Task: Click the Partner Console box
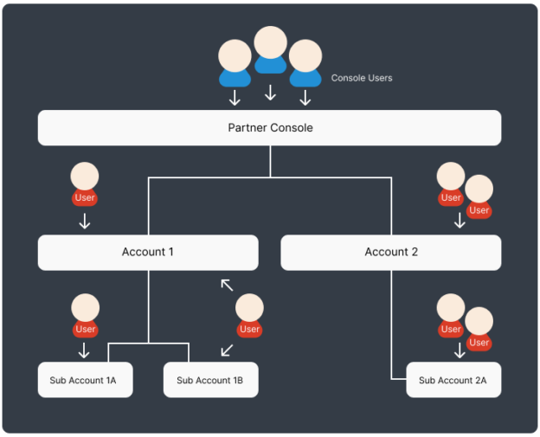pyautogui.click(x=269, y=128)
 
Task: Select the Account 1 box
pyautogui.click(x=148, y=252)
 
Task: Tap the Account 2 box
pyautogui.click(x=390, y=252)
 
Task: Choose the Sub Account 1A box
pyautogui.click(x=85, y=380)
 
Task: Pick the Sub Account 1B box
pyautogui.click(x=210, y=380)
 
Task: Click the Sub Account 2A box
pyautogui.click(x=453, y=380)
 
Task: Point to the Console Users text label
pyautogui.click(x=362, y=78)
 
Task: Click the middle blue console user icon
pyautogui.click(x=270, y=50)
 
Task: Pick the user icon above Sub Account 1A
pyautogui.click(x=85, y=316)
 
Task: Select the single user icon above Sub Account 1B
pyautogui.click(x=249, y=316)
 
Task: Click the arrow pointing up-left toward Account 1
pyautogui.click(x=227, y=285)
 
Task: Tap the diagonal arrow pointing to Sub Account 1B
pyautogui.click(x=227, y=350)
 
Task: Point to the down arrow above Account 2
pyautogui.click(x=460, y=221)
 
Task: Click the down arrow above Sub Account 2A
pyautogui.click(x=460, y=350)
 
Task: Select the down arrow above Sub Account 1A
pyautogui.click(x=85, y=350)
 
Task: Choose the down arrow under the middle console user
pyautogui.click(x=270, y=92)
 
